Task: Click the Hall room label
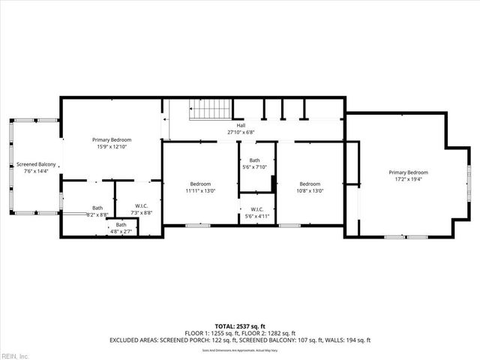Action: [241, 125]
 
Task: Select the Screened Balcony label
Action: [36, 164]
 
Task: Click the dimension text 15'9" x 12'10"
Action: [112, 147]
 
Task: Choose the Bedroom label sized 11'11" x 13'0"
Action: [200, 184]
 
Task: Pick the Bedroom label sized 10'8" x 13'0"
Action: [310, 184]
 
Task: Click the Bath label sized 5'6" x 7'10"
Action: [255, 160]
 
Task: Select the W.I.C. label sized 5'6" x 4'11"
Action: [256, 209]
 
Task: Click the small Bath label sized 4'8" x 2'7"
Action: [121, 224]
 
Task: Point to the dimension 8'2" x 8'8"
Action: [97, 215]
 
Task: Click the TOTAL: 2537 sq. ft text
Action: [240, 325]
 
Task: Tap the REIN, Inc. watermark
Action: [14, 355]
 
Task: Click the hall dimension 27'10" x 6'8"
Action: [241, 132]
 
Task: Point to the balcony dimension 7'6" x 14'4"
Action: [36, 171]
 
